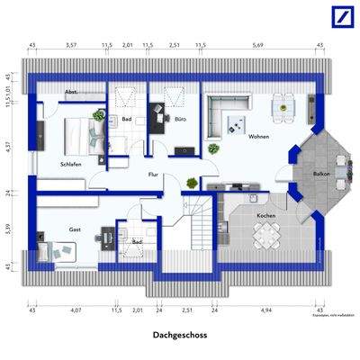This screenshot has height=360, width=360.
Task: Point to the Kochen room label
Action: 265,217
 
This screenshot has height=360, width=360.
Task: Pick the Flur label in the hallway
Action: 154,175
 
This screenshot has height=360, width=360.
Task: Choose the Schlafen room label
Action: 71,165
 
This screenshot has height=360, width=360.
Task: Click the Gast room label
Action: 75,230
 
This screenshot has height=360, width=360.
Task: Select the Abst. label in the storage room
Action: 71,93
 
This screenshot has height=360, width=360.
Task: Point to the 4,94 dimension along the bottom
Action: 265,310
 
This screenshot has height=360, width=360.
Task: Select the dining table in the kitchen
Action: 265,238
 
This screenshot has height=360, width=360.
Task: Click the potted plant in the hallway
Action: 191,184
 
